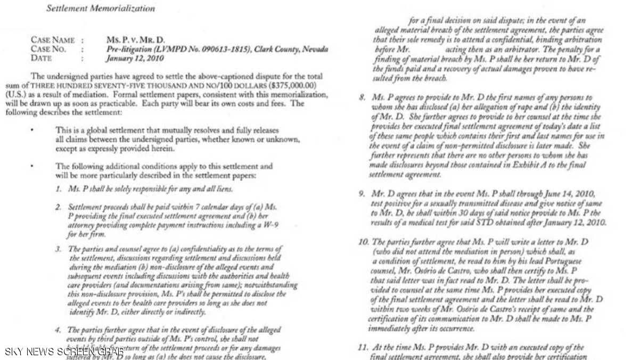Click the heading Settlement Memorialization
[101, 9]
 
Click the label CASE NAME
[52, 40]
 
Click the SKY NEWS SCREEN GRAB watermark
[64, 351]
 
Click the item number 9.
[362, 193]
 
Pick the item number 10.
[363, 242]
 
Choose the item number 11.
[363, 347]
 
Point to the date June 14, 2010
[575, 193]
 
